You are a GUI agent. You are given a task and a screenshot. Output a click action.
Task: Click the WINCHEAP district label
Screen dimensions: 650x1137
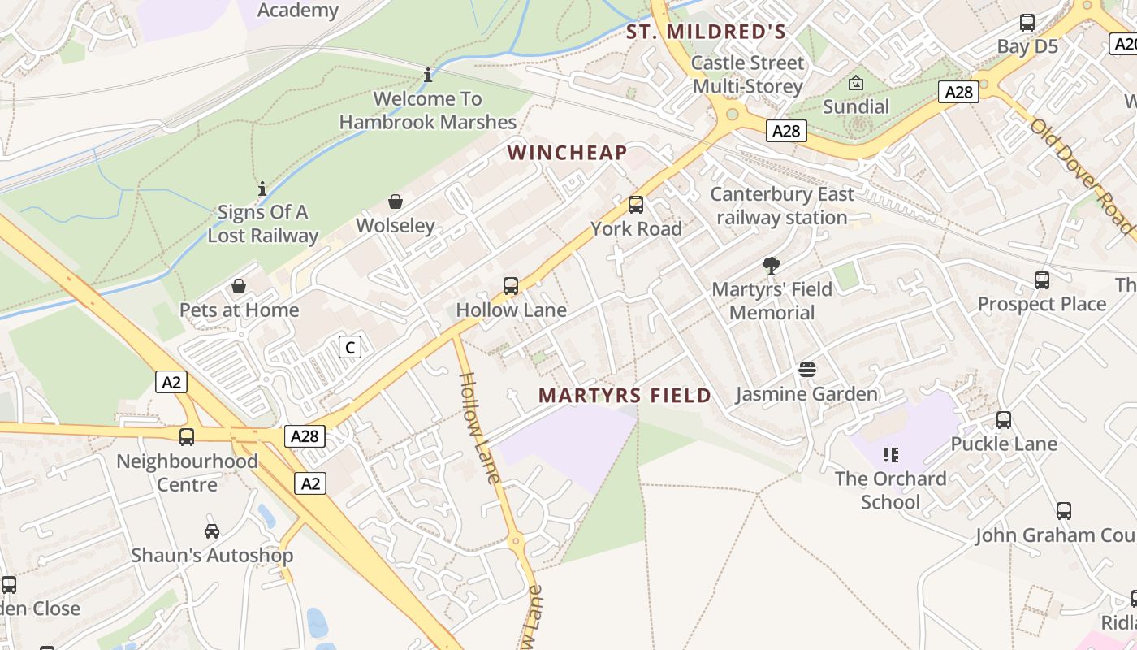pyautogui.click(x=567, y=153)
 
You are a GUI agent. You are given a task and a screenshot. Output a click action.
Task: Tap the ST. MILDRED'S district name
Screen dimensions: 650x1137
pyautogui.click(x=705, y=32)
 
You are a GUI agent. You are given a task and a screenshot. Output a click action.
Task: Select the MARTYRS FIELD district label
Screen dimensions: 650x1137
pyautogui.click(x=625, y=396)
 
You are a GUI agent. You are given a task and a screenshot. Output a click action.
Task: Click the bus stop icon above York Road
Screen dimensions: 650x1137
pyautogui.click(x=636, y=205)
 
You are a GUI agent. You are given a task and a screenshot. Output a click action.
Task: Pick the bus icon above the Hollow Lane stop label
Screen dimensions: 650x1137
pyautogui.click(x=511, y=286)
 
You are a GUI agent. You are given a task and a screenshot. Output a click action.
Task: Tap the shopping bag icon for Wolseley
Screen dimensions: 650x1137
pyautogui.click(x=396, y=201)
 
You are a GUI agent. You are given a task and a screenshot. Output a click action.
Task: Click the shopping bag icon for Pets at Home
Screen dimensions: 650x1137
pyautogui.click(x=239, y=286)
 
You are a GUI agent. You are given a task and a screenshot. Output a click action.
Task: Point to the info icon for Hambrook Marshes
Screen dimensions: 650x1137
pyautogui.click(x=428, y=76)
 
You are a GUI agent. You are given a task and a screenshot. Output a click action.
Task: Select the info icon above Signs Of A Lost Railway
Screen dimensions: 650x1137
pyautogui.click(x=262, y=188)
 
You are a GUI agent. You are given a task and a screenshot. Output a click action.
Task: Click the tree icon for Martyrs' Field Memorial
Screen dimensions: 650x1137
pyautogui.click(x=772, y=266)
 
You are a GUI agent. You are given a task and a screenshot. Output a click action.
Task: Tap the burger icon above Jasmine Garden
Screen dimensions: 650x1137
pyautogui.click(x=806, y=370)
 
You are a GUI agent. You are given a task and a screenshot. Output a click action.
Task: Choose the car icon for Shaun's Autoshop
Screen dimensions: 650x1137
pyautogui.click(x=212, y=531)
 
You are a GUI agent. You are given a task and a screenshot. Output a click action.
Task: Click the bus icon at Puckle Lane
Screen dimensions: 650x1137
pyautogui.click(x=1004, y=420)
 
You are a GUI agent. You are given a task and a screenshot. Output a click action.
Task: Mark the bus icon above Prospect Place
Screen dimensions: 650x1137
pyautogui.click(x=1042, y=280)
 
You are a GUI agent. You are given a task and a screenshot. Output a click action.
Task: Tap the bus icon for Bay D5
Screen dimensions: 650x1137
pyautogui.click(x=1027, y=23)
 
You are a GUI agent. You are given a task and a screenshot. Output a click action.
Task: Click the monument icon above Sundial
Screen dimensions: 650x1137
pyautogui.click(x=856, y=83)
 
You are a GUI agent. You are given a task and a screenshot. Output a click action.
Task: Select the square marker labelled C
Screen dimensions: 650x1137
pyautogui.click(x=349, y=348)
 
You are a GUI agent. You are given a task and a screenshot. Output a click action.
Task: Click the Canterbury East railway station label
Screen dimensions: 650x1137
pyautogui.click(x=782, y=206)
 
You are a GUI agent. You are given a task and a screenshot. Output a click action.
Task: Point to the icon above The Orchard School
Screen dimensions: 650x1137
pyautogui.click(x=891, y=455)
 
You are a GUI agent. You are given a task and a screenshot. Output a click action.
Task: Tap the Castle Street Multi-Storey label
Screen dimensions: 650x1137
pyautogui.click(x=748, y=74)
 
